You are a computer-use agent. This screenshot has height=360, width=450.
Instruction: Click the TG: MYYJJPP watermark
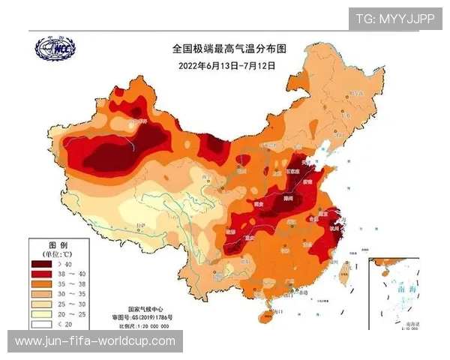click(394, 19)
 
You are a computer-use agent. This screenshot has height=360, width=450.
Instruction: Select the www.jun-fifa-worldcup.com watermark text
click(95, 341)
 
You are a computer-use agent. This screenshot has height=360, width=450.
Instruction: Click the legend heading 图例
click(58, 245)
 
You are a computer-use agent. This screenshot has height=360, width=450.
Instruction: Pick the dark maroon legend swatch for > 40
click(42, 264)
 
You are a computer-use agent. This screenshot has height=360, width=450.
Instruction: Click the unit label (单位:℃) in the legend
click(58, 254)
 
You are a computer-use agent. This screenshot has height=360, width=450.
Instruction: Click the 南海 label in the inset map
click(406, 287)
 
